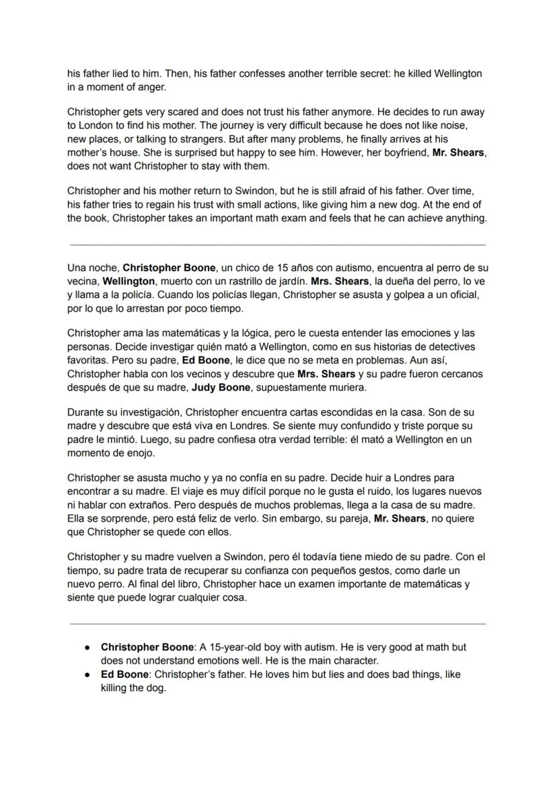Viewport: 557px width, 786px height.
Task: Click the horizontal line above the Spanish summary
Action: click(x=278, y=245)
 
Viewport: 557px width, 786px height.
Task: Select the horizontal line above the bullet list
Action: click(x=278, y=624)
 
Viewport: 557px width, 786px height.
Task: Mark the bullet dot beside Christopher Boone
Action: click(x=87, y=647)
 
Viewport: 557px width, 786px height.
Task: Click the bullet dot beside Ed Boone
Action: click(x=87, y=674)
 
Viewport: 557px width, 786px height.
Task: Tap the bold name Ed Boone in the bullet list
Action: click(x=126, y=674)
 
